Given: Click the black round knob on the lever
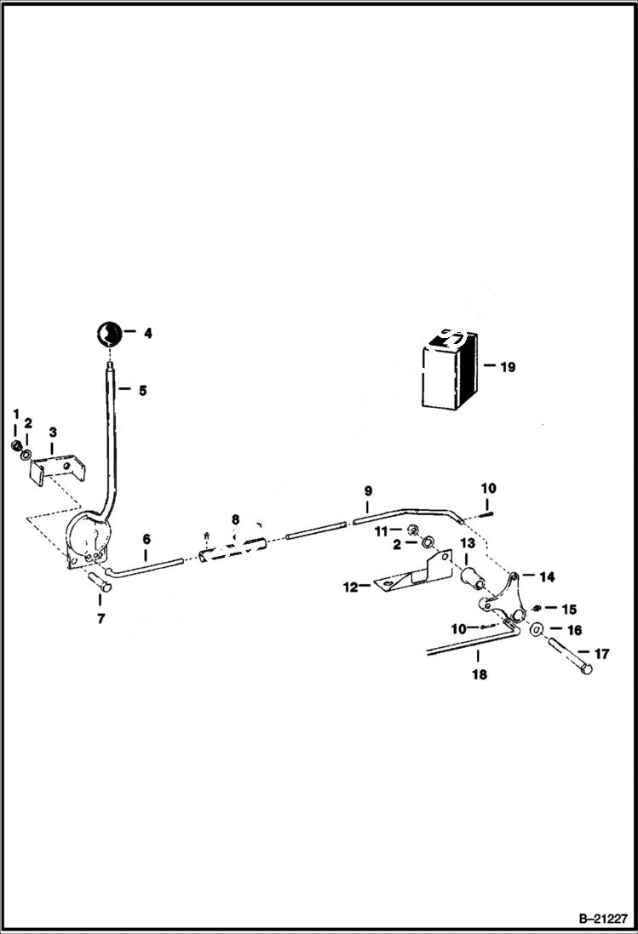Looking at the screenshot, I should [107, 333].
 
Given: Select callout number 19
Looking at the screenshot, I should [508, 368].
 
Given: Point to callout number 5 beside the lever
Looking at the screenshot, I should [142, 391].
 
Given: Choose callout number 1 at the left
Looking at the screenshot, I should [15, 414].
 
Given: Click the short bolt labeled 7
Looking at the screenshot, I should [99, 584].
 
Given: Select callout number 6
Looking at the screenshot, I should [147, 540].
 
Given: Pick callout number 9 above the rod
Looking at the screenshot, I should [368, 491].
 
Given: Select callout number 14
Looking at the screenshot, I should [547, 576].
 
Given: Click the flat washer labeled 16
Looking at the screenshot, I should [537, 630].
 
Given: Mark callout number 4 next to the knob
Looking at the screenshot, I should [147, 334].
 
